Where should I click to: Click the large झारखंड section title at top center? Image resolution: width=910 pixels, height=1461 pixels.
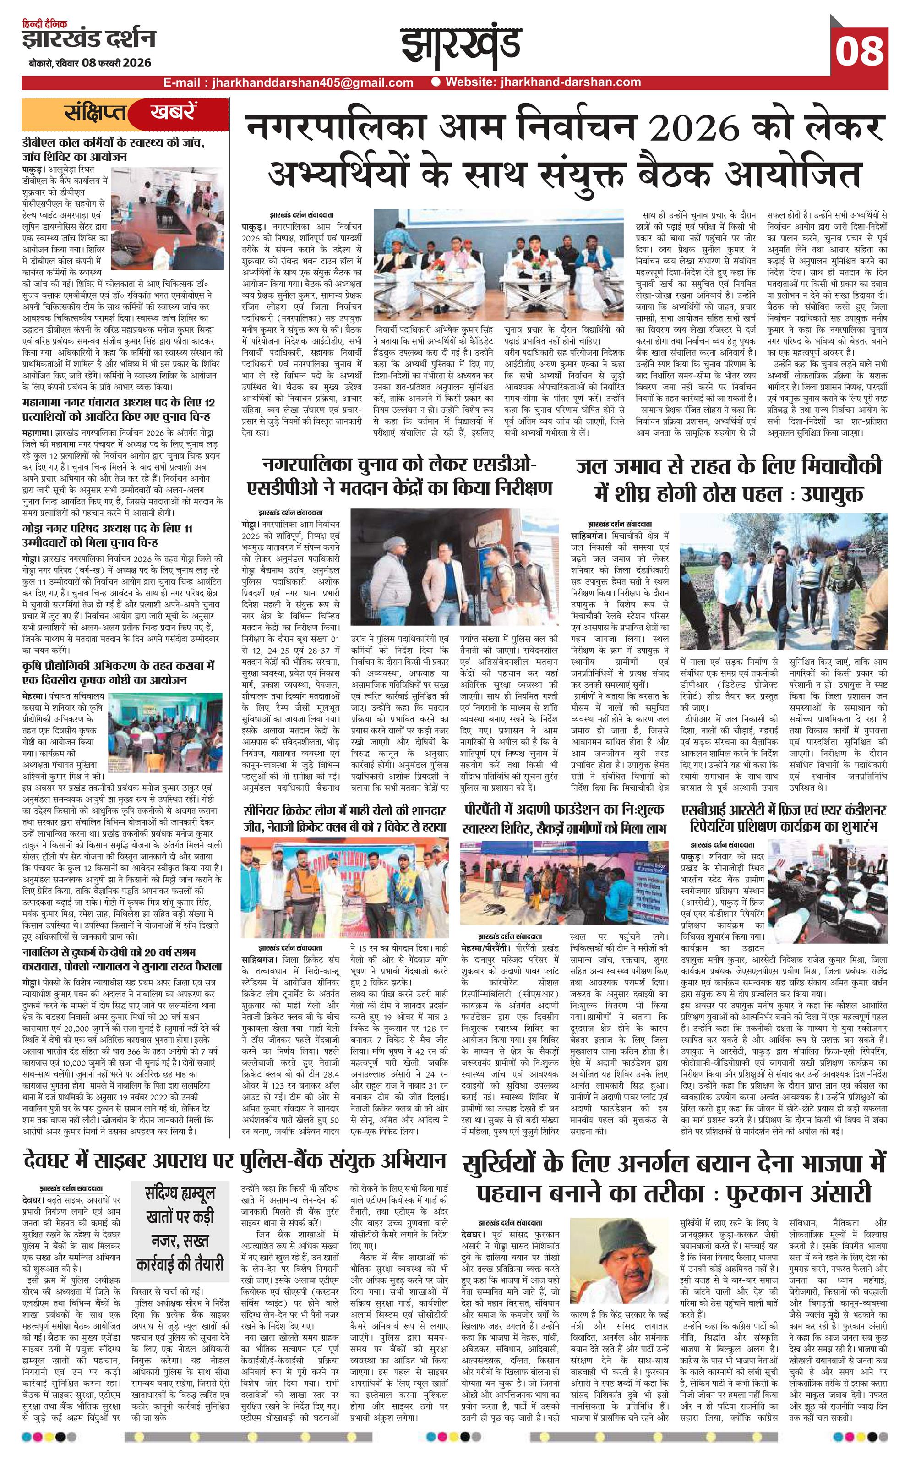[462, 49]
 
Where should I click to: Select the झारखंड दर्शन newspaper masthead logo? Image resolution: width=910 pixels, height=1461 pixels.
[89, 40]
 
